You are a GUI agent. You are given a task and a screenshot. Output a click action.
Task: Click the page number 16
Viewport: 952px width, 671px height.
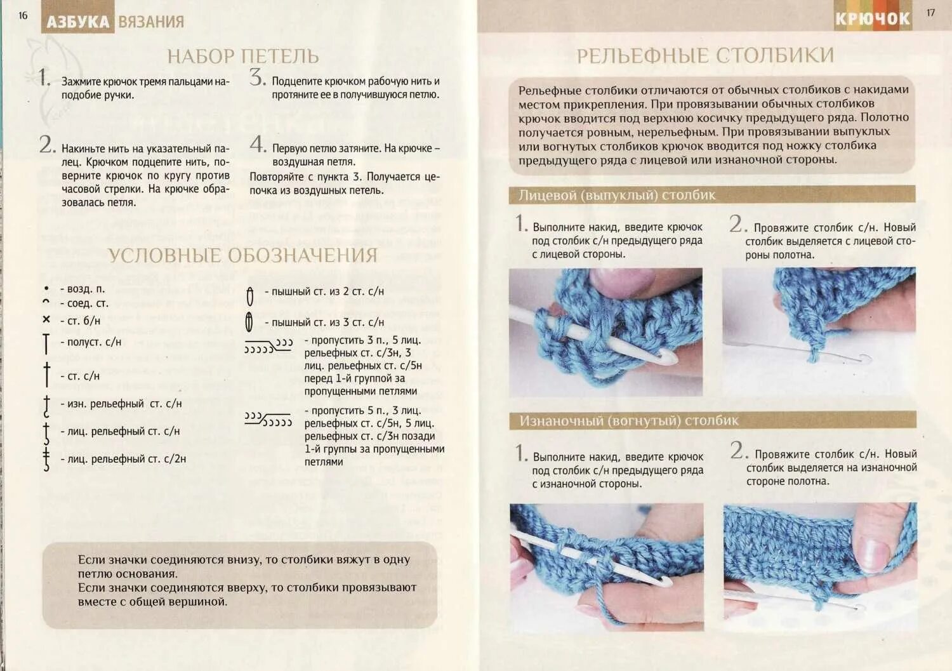23,16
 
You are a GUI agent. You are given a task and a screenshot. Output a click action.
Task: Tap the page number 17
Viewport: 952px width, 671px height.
930,13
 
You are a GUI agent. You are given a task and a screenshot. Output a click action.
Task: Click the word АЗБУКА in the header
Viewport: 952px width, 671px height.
78,22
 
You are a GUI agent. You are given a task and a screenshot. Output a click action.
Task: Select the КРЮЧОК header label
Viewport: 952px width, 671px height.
872,19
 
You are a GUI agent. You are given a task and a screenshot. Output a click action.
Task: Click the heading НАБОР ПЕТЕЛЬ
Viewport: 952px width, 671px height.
242,56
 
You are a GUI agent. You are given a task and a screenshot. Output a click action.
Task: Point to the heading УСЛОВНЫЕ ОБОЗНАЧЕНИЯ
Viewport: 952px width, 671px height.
242,255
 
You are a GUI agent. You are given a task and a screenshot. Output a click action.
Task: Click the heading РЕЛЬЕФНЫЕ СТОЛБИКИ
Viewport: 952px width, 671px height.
705,56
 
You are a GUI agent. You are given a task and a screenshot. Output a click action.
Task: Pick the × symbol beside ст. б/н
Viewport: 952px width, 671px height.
46,320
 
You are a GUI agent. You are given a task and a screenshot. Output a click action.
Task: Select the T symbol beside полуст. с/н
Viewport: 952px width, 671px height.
46,343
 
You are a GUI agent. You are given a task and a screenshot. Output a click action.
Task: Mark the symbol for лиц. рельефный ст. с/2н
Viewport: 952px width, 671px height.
46,458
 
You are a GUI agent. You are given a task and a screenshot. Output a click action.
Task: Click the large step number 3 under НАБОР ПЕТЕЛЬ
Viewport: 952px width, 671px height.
257,78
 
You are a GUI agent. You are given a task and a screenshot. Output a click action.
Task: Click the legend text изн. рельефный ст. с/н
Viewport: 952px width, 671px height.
121,404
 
